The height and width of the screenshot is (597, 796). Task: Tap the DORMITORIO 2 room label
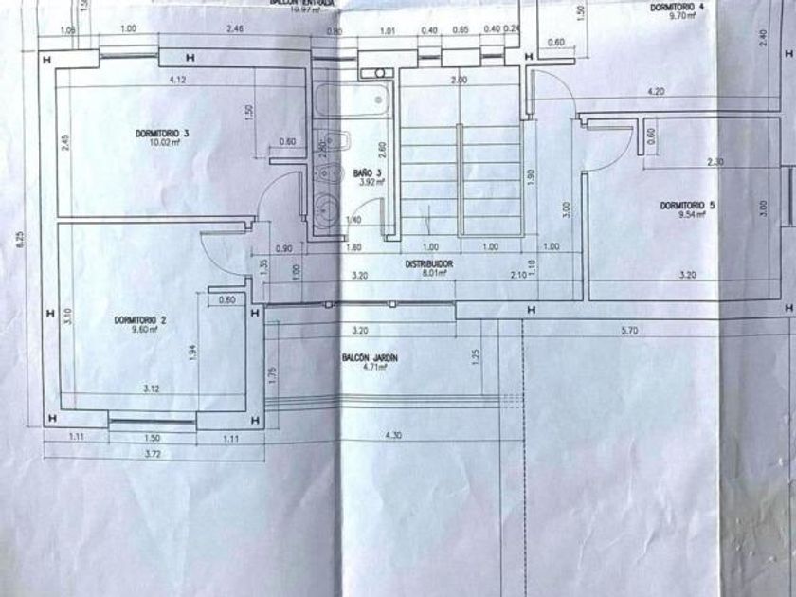(140, 320)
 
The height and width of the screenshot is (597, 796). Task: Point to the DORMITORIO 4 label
(677, 7)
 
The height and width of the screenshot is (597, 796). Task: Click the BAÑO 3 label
(367, 173)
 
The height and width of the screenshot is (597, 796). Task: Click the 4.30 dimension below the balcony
(393, 435)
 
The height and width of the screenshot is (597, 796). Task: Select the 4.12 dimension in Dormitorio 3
(176, 79)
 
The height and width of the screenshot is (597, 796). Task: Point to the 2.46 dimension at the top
(236, 29)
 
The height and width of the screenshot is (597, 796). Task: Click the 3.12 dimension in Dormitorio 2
(151, 389)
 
